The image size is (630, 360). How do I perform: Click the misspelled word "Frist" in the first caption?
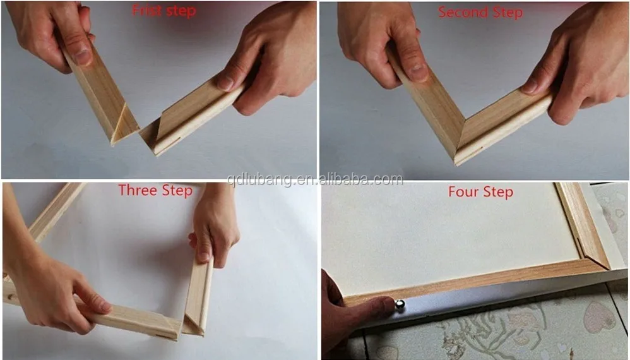(145, 11)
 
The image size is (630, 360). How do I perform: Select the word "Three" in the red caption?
(137, 191)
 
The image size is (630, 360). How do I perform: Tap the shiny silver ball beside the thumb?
(400, 306)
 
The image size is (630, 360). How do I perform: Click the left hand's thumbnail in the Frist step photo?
(83, 56)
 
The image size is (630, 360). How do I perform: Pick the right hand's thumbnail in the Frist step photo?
(225, 83)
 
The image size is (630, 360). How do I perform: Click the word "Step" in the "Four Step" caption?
(498, 192)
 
